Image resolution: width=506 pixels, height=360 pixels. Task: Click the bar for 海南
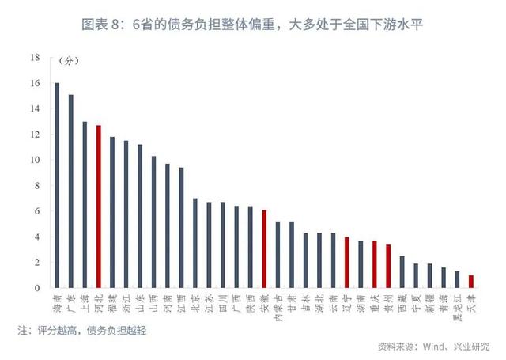[57, 185]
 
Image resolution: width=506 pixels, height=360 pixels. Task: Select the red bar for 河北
[98, 206]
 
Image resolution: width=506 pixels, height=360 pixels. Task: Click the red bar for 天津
[471, 281]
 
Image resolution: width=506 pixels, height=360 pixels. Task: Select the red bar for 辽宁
[346, 262]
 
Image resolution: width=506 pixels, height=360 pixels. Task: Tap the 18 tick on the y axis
[35, 58]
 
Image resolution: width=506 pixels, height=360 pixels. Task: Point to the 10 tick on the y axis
[35, 160]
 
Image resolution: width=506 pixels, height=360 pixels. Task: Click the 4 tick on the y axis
[36, 237]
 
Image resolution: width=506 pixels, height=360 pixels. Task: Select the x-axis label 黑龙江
[457, 305]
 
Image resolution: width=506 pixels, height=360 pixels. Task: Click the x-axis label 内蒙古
[278, 305]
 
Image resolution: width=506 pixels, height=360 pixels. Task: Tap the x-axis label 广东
[70, 300]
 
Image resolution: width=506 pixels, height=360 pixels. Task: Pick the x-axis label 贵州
[388, 300]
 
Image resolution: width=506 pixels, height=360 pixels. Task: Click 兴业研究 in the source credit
[470, 347]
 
